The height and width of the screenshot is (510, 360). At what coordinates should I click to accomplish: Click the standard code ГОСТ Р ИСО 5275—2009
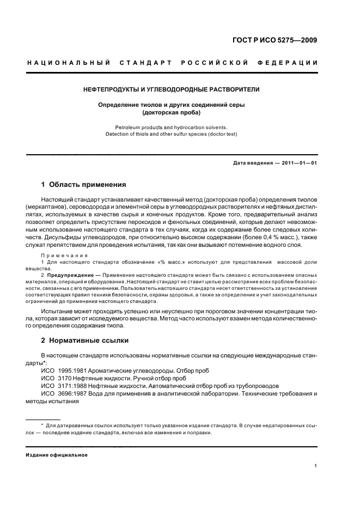point(274,41)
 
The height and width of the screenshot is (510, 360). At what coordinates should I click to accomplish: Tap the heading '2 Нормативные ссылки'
point(85,341)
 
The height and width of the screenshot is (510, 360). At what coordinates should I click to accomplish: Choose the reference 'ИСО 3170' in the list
point(58,378)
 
